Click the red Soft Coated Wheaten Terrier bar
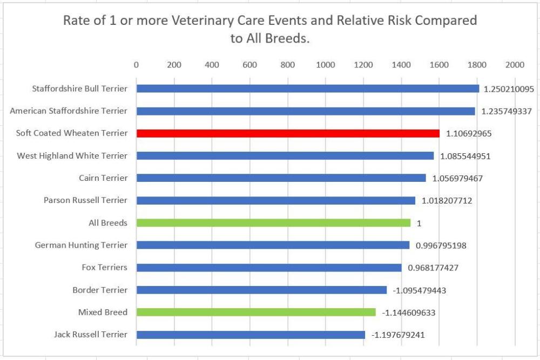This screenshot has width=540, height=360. pos(288,133)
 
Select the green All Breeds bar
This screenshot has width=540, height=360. pos(273,222)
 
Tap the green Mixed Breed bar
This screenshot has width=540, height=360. pos(256,312)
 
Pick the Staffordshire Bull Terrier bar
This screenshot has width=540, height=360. pos(308,89)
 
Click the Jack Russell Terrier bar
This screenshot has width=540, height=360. pos(251,335)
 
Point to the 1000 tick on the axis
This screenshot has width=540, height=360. pos(326,65)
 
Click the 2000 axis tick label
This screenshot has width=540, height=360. pos(515,65)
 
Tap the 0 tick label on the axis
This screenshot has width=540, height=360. pos(136,65)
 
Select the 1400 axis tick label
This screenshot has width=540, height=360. pos(401,65)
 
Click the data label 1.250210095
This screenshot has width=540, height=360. pos(509,89)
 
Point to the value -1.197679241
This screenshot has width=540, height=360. pos(398,335)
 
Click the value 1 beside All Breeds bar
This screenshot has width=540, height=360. pos(418,222)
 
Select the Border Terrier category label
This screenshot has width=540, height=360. pos(100,290)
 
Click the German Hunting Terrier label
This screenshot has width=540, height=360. pos(81,245)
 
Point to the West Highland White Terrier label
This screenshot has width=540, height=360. pos(72,155)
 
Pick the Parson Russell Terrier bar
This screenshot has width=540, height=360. pos(275,200)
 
